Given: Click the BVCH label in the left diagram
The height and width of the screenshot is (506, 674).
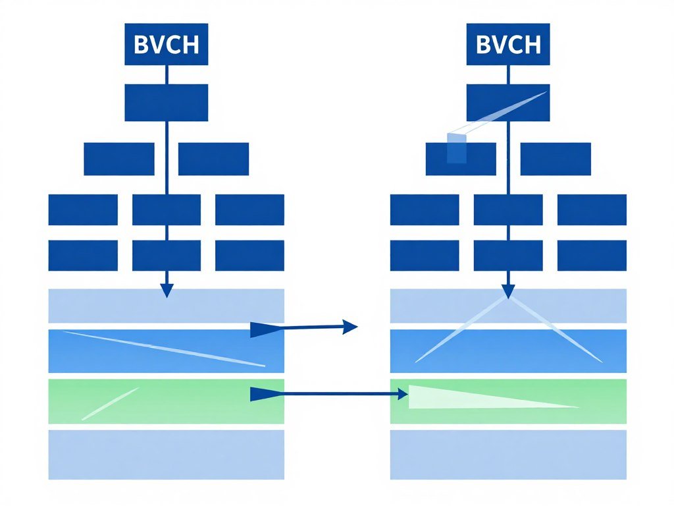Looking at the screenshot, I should (x=167, y=45).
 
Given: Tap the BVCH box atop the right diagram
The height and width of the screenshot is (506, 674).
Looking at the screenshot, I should (x=507, y=45).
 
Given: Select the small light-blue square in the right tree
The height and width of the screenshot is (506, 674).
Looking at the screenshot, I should (x=456, y=148).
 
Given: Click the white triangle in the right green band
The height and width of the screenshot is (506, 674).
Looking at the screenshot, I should (x=461, y=398).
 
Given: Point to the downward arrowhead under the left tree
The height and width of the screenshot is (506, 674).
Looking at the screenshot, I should (x=167, y=290).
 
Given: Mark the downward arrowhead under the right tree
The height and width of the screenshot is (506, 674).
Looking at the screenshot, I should (x=507, y=290).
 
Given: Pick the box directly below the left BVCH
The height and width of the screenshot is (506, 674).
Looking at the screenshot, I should (x=167, y=102).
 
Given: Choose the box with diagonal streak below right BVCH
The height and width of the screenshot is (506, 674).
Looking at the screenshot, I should (x=507, y=102).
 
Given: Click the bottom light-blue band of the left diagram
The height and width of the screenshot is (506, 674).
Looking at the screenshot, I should (x=167, y=455).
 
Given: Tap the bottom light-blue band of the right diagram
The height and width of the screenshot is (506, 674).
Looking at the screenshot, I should (x=507, y=455).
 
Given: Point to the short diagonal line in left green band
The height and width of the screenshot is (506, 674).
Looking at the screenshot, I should (x=111, y=403).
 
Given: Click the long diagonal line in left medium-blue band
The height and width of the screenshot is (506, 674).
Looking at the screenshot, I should (x=165, y=349).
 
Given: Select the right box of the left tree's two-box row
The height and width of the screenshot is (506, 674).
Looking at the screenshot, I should (x=213, y=159).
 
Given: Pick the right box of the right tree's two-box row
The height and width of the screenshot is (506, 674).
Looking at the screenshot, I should (x=555, y=159).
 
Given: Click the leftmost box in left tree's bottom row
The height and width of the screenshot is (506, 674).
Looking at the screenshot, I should (x=83, y=256).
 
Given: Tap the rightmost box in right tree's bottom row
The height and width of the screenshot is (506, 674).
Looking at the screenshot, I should (x=592, y=256).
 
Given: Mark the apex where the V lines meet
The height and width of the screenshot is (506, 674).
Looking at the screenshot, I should (x=507, y=298).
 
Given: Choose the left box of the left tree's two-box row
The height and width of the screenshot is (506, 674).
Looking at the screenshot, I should (x=119, y=159).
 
